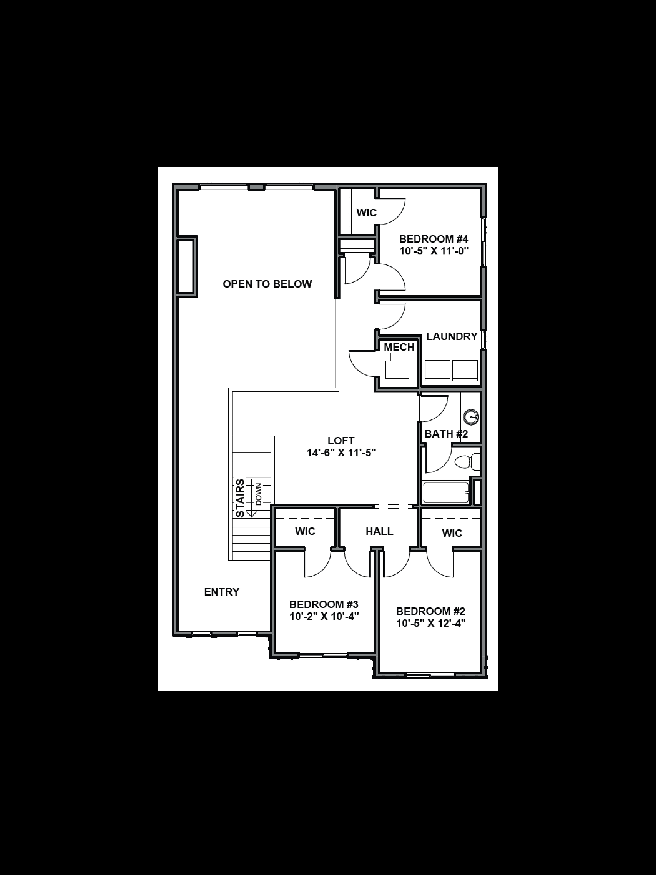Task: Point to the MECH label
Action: coord(399,347)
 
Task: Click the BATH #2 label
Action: coord(446,434)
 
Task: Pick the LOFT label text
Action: coord(341,441)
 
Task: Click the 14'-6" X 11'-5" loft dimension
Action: coord(341,453)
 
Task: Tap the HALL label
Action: coord(379,531)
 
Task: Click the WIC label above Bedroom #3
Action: coord(305,531)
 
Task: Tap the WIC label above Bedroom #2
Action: coord(452,533)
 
